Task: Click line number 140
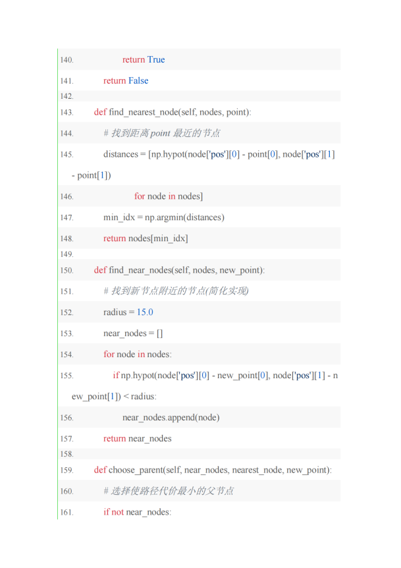(67, 60)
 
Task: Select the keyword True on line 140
(156, 59)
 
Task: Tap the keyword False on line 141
(138, 80)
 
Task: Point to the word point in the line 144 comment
(160, 134)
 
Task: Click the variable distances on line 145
(120, 154)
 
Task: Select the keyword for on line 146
(140, 196)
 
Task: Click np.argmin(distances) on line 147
(184, 217)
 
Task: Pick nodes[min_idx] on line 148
(158, 239)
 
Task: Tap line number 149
(67, 254)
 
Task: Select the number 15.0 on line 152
(145, 312)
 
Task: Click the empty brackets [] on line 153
(159, 333)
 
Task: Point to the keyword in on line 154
(141, 355)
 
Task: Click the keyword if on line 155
(116, 376)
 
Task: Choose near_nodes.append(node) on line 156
(171, 418)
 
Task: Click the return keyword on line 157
(115, 439)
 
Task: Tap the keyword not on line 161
(118, 512)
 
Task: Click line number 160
(67, 492)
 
